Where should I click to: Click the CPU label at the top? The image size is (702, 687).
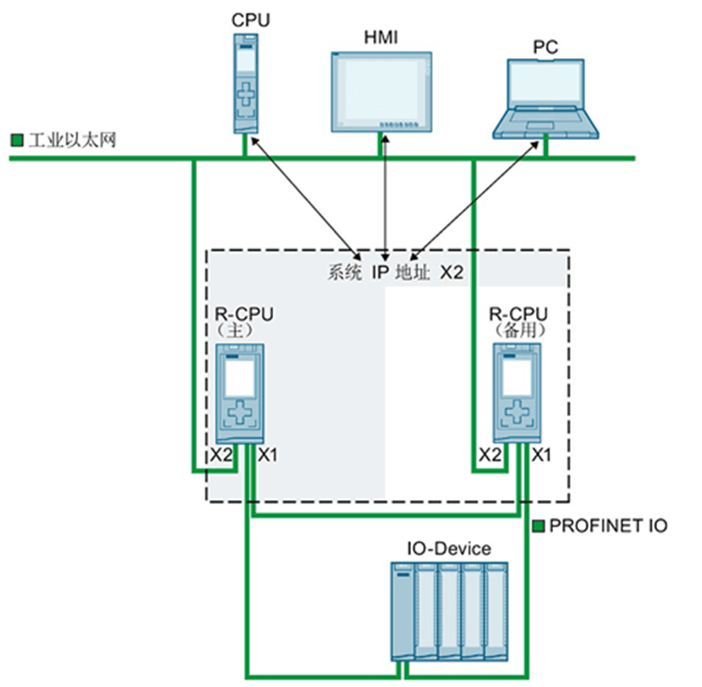click(x=247, y=19)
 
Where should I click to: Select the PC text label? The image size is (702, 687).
click(x=545, y=45)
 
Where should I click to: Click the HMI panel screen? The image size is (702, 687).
click(x=382, y=89)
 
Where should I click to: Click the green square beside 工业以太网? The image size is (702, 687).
click(x=17, y=140)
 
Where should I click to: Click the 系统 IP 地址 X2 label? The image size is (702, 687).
click(x=395, y=273)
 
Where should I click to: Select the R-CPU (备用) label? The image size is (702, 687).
click(x=518, y=322)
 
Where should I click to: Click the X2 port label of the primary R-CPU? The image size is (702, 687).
click(x=221, y=455)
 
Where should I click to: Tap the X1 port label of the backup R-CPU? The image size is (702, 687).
click(x=542, y=455)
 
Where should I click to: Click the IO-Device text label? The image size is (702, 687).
click(x=449, y=548)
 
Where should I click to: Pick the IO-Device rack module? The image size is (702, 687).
click(x=449, y=611)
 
